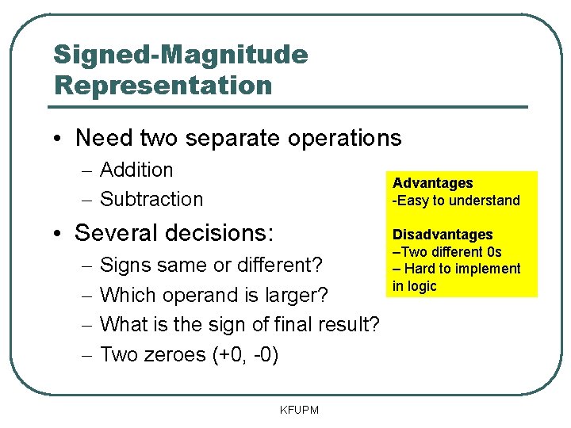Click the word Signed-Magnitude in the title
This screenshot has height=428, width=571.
(x=180, y=55)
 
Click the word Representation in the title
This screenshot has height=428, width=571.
(x=163, y=84)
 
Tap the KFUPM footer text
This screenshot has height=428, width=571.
(x=299, y=410)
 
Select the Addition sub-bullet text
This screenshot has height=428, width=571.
(x=136, y=170)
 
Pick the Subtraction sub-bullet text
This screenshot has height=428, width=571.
(x=151, y=199)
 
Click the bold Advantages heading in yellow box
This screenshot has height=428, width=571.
(x=432, y=183)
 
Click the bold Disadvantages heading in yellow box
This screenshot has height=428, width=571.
(x=443, y=235)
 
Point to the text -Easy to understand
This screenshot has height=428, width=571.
(x=456, y=201)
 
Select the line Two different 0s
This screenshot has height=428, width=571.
(x=450, y=252)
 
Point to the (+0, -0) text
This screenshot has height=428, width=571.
(x=245, y=354)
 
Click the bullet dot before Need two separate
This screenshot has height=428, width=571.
(x=60, y=139)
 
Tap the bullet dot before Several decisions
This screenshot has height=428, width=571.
(x=60, y=234)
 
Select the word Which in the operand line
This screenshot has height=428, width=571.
(x=128, y=295)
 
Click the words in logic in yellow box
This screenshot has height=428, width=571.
(x=415, y=286)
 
